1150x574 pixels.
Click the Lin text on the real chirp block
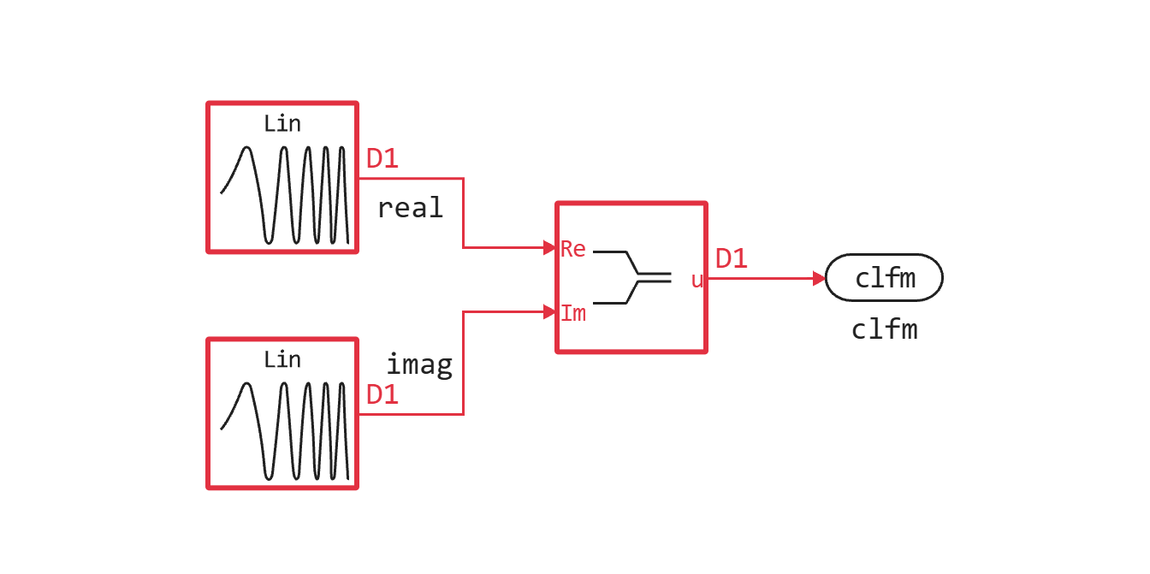tap(282, 124)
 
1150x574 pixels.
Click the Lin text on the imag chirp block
tap(282, 360)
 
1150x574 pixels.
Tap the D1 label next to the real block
tap(382, 159)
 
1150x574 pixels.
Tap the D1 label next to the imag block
tap(382, 395)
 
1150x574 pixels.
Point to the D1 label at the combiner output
tap(732, 259)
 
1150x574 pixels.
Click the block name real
tap(410, 208)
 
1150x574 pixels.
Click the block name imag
tap(418, 365)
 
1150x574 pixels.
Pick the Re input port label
tap(573, 249)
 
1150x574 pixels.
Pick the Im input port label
tap(573, 314)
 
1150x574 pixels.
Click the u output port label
tap(697, 281)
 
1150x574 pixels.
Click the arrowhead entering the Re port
tap(550, 248)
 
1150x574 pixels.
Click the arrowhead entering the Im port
tap(550, 312)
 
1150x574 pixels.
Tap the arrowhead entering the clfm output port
tap(819, 279)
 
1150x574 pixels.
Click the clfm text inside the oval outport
tap(886, 278)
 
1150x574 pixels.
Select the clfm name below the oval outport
tap(884, 330)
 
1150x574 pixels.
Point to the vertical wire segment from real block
tap(464, 214)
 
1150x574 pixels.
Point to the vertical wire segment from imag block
tap(464, 364)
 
